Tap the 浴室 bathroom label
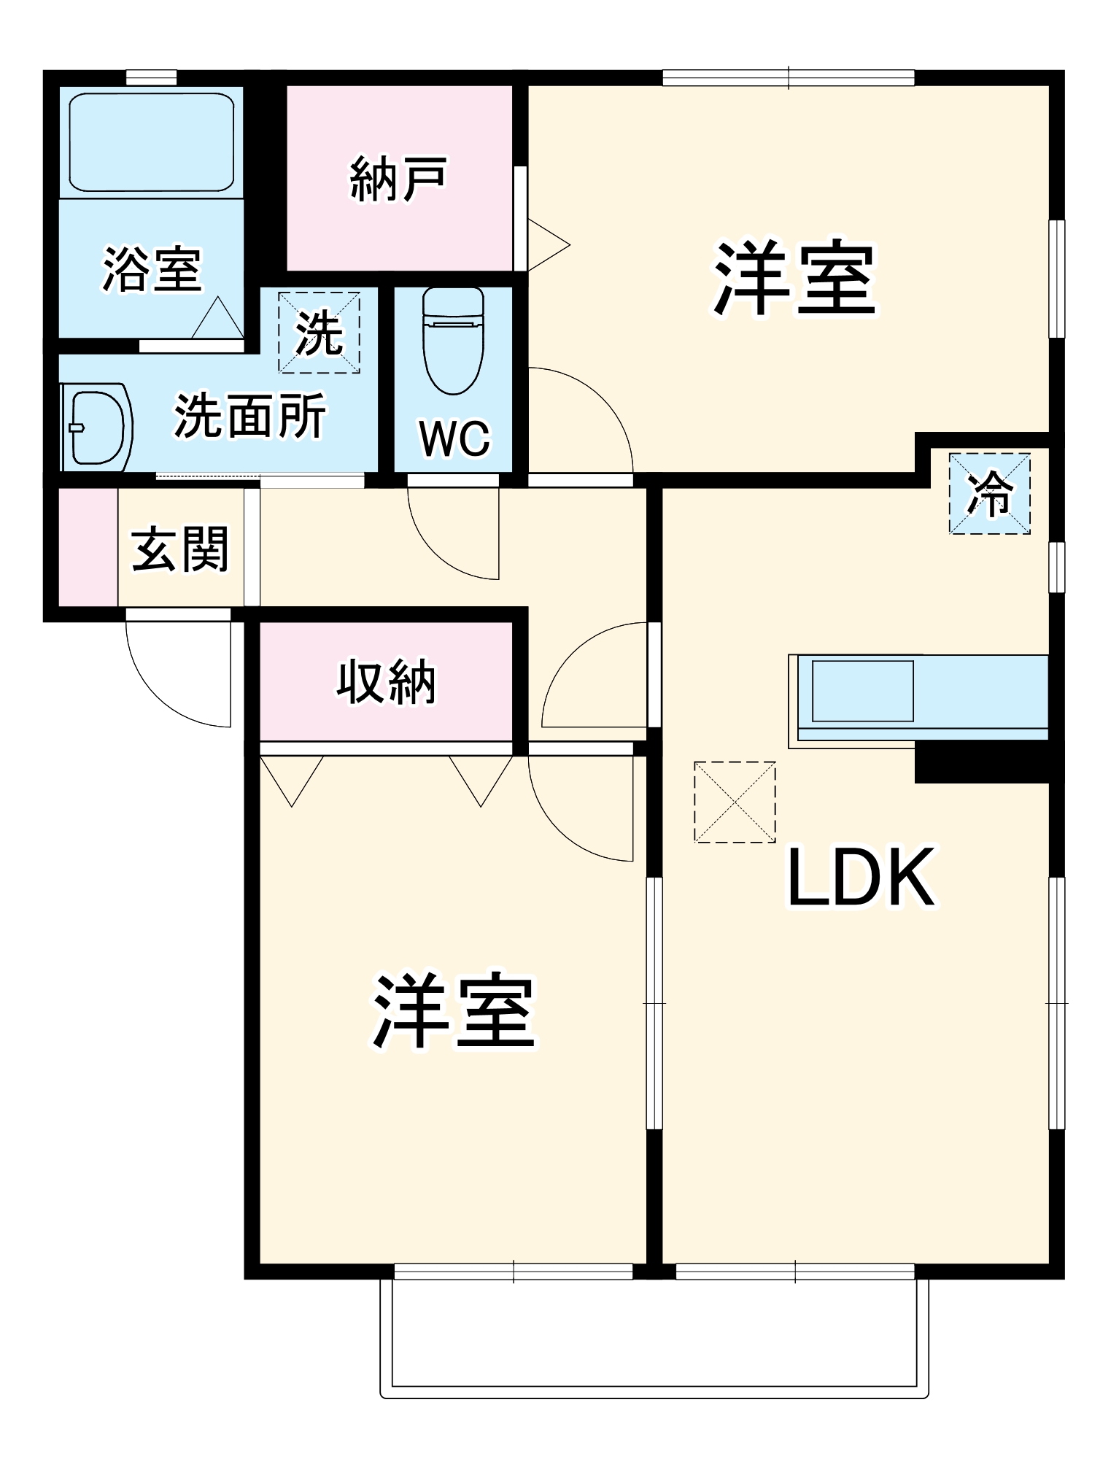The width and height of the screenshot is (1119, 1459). (151, 270)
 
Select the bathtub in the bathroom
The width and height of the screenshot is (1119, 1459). (151, 142)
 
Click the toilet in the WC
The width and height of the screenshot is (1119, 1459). (453, 339)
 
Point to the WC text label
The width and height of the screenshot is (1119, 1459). (454, 438)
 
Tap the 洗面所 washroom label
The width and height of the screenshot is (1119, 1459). (249, 417)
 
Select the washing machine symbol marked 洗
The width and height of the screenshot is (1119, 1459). (319, 333)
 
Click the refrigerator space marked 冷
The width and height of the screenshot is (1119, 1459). (989, 494)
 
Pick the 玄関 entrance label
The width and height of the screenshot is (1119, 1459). (180, 549)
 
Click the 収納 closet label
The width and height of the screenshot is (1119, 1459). (386, 682)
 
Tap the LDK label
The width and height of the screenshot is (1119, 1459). (861, 878)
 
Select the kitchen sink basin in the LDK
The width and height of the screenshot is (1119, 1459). (862, 690)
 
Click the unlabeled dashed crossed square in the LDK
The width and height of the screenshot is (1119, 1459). (735, 802)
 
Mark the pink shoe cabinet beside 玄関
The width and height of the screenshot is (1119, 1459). (88, 547)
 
